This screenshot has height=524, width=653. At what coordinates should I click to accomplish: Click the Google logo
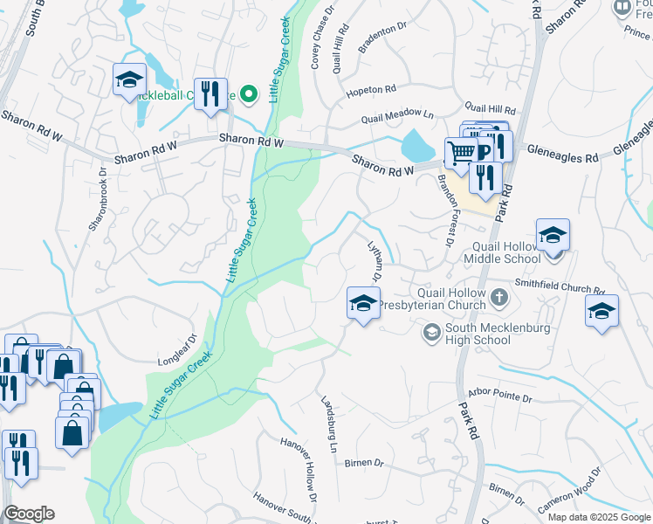coord(30,514)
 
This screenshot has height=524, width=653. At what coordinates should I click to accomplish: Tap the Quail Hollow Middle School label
coord(505,252)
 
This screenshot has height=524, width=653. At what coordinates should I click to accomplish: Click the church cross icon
coord(498,299)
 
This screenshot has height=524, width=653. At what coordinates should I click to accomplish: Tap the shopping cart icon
coord(460,153)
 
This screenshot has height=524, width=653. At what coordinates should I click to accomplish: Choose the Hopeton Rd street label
coord(371,90)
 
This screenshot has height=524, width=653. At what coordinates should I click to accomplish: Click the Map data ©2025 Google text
coord(598,517)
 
